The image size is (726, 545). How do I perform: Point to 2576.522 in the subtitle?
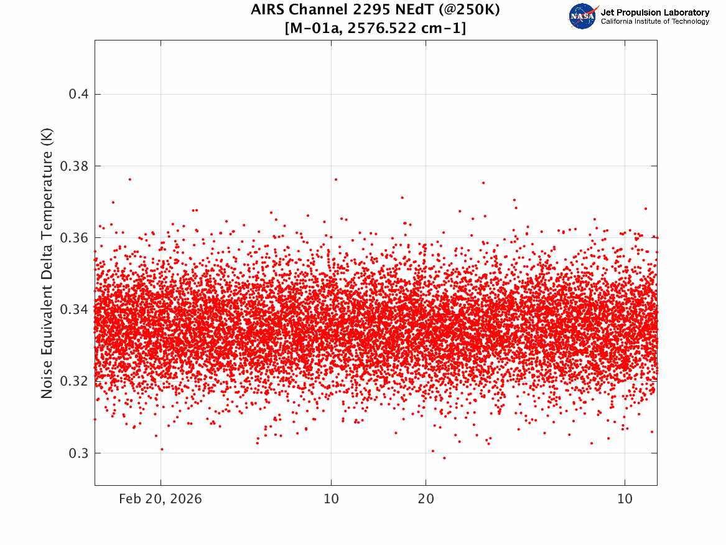(383, 28)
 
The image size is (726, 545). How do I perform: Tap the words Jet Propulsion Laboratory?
(655, 12)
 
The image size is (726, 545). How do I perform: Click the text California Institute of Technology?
(655, 21)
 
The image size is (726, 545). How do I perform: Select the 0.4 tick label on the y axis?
(78, 94)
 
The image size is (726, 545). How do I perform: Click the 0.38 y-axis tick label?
(74, 166)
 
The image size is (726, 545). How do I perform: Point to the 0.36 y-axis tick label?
(74, 238)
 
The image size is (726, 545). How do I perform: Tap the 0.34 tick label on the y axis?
(74, 309)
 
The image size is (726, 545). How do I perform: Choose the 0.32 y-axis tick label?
(74, 381)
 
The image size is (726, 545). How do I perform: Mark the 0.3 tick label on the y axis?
(78, 453)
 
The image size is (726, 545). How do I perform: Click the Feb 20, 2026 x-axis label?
(161, 499)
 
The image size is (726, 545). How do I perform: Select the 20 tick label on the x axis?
(426, 499)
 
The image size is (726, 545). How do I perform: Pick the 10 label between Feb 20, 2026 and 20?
(331, 499)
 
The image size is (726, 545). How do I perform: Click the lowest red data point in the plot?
(444, 458)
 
